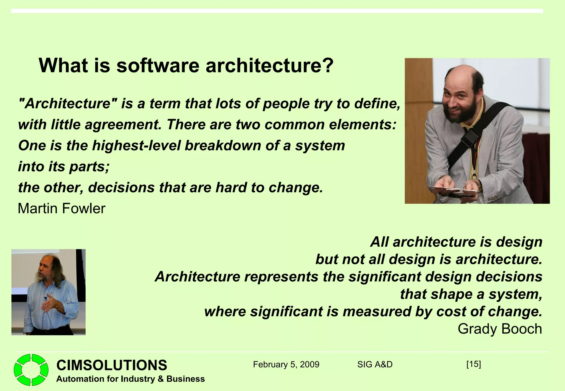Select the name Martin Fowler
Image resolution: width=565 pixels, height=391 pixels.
point(62,208)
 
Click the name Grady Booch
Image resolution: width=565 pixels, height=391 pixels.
point(500,329)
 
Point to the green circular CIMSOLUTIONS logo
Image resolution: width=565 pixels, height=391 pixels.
point(31,370)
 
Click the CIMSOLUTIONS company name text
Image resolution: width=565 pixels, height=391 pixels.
point(111,365)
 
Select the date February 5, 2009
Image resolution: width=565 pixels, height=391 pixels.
point(286,365)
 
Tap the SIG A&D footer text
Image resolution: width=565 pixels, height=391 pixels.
point(375,365)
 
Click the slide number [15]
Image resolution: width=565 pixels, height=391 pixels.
point(473,364)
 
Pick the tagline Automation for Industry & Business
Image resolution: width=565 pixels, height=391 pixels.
point(130,379)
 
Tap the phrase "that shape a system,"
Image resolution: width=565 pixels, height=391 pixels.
point(471,294)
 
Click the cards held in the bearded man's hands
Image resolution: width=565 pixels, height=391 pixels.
point(452,190)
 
